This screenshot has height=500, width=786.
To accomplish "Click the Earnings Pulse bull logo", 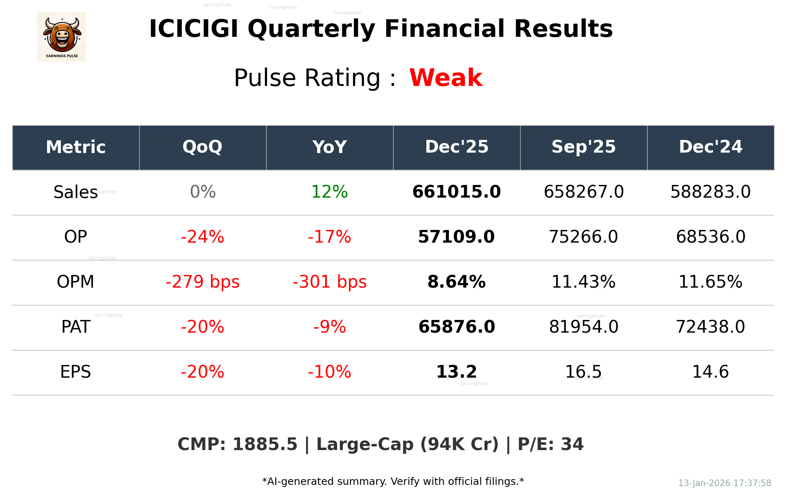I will tap(61, 37).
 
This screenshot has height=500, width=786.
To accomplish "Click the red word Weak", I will tap(446, 78).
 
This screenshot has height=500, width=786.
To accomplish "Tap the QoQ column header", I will tap(202, 147).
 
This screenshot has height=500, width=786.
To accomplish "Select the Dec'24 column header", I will tap(710, 147).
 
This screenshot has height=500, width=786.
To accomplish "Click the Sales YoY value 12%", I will tap(329, 192).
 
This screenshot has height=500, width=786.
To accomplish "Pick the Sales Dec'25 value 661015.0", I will tap(456, 192).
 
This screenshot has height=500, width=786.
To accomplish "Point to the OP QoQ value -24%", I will tap(202, 237).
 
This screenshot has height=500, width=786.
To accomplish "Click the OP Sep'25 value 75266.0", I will tap(583, 237).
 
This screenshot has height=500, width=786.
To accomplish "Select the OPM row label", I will tap(75, 282).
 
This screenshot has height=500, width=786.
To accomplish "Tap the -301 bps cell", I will tap(329, 282).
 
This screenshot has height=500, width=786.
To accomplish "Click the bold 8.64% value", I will tap(456, 282).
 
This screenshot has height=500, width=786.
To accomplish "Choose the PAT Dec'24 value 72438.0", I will tap(710, 327).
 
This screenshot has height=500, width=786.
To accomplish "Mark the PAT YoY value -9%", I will tap(329, 327).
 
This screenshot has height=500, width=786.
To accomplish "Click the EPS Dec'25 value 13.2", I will tap(456, 372).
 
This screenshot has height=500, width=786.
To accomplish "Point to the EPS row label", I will tap(75, 372).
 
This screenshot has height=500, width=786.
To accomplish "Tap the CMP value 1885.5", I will tap(265, 444).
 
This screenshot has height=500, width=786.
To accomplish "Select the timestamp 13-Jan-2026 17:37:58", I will tap(724, 483).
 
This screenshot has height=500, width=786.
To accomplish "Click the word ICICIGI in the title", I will tap(193, 29).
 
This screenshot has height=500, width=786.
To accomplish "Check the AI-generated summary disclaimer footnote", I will tap(393, 482).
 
